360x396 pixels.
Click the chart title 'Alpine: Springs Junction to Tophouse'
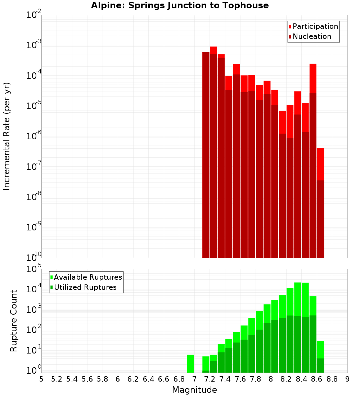(x=180, y=5)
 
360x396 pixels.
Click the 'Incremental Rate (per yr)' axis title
(x=7, y=136)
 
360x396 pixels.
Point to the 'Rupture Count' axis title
(x=14, y=321)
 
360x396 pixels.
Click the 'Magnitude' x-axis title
(x=194, y=390)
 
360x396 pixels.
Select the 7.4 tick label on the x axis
(x=225, y=379)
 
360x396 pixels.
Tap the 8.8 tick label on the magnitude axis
(x=332, y=379)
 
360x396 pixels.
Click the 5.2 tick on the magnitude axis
(x=57, y=379)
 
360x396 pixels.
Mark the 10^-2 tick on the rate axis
(x=34, y=15)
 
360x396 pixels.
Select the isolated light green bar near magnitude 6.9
(x=190, y=364)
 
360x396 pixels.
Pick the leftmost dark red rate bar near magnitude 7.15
(x=206, y=155)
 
